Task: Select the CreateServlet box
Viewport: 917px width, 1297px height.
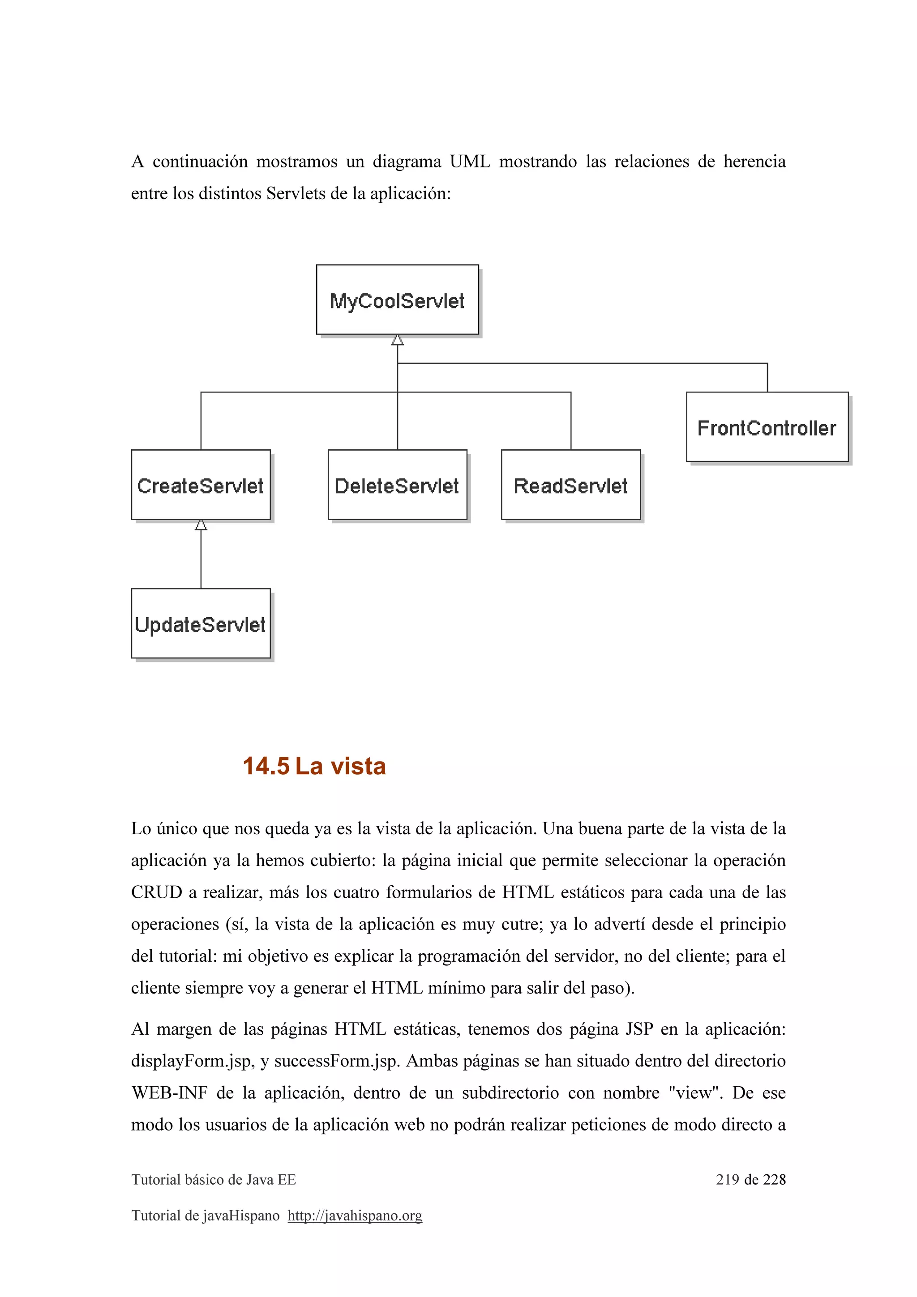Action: click(201, 485)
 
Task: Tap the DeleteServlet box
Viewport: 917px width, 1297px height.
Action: click(397, 485)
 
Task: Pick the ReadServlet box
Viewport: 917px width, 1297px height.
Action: click(570, 485)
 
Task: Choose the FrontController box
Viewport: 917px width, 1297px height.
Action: click(767, 427)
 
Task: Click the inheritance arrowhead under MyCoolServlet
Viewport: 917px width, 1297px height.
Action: click(398, 340)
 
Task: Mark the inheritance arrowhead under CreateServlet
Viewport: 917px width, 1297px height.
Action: click(201, 525)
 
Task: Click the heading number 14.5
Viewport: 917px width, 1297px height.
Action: click(266, 767)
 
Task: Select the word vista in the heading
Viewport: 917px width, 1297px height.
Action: click(358, 767)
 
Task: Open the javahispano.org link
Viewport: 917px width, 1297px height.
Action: click(355, 1216)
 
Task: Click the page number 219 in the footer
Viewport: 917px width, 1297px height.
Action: click(727, 1179)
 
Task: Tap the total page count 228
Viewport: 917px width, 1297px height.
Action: click(774, 1179)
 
